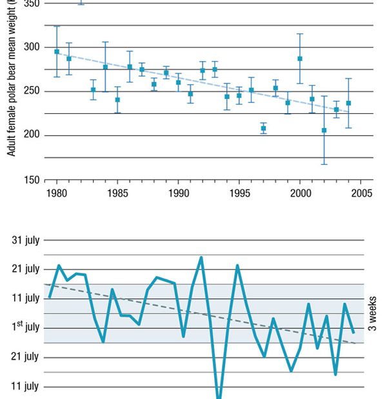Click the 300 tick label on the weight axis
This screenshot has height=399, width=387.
point(31,48)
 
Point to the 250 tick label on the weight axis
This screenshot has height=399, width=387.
point(31,91)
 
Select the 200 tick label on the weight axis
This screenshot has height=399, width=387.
point(31,135)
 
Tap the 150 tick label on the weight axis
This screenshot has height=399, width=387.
point(31,180)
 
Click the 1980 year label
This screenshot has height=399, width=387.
point(57,193)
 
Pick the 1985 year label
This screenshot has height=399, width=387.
point(117,193)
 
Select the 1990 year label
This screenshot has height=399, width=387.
point(179,193)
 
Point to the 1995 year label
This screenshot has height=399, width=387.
point(239,193)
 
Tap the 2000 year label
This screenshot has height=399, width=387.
point(300,193)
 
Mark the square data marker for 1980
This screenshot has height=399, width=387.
point(57,51)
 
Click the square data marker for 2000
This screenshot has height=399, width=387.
point(300,59)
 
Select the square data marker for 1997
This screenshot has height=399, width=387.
point(263,128)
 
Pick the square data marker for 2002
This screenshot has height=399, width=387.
point(324,130)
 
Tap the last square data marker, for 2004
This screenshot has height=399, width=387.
point(348,103)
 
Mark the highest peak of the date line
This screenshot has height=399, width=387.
point(201,257)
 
